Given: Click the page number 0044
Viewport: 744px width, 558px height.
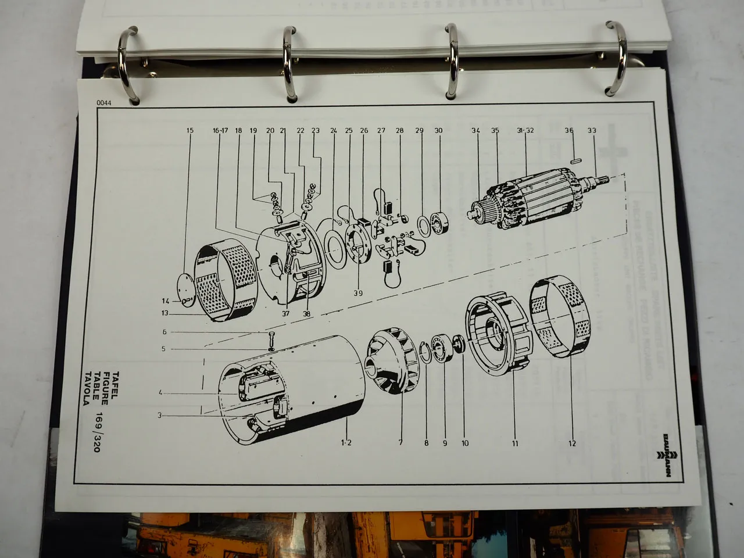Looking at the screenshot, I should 105,104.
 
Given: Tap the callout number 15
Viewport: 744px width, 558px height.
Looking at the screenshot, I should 190,131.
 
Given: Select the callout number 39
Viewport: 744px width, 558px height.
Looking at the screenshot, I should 357,294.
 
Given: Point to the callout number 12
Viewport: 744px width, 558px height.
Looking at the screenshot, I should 572,443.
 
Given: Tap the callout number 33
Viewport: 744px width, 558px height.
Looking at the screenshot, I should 592,131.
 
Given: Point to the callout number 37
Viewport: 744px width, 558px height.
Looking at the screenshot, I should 285,314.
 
